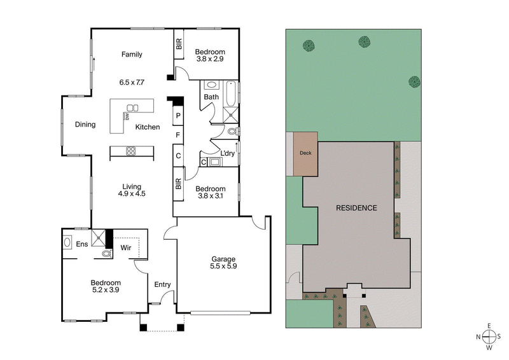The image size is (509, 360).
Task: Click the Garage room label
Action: click(x=223, y=259)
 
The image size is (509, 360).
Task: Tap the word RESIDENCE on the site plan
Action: click(x=356, y=208)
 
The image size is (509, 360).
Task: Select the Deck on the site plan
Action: click(x=306, y=153)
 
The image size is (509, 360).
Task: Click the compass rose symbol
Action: click(x=489, y=336)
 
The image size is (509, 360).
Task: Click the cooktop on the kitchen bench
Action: click(x=132, y=151)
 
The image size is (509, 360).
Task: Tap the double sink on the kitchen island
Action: click(x=132, y=107)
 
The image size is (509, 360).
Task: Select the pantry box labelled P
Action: click(x=179, y=116)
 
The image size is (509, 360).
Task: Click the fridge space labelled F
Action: click(x=179, y=135)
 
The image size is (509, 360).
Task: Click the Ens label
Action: click(x=82, y=244)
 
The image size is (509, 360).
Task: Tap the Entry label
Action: click(x=162, y=284)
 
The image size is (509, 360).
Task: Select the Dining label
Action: click(x=85, y=125)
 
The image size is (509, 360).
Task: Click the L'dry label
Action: click(x=228, y=153)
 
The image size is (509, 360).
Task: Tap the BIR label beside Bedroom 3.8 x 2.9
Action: click(x=179, y=45)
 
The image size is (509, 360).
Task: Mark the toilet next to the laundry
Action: click(x=232, y=131)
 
